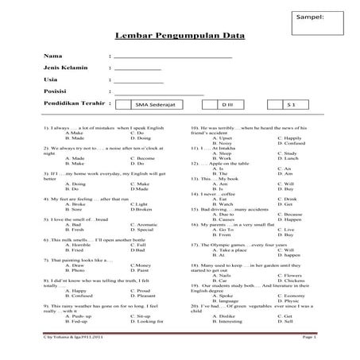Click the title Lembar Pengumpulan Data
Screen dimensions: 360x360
[x=180, y=37]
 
